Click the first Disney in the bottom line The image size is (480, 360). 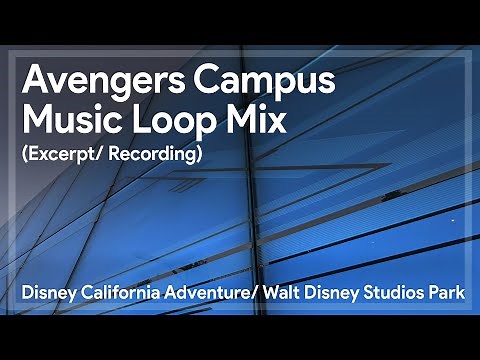(x=44, y=298)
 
